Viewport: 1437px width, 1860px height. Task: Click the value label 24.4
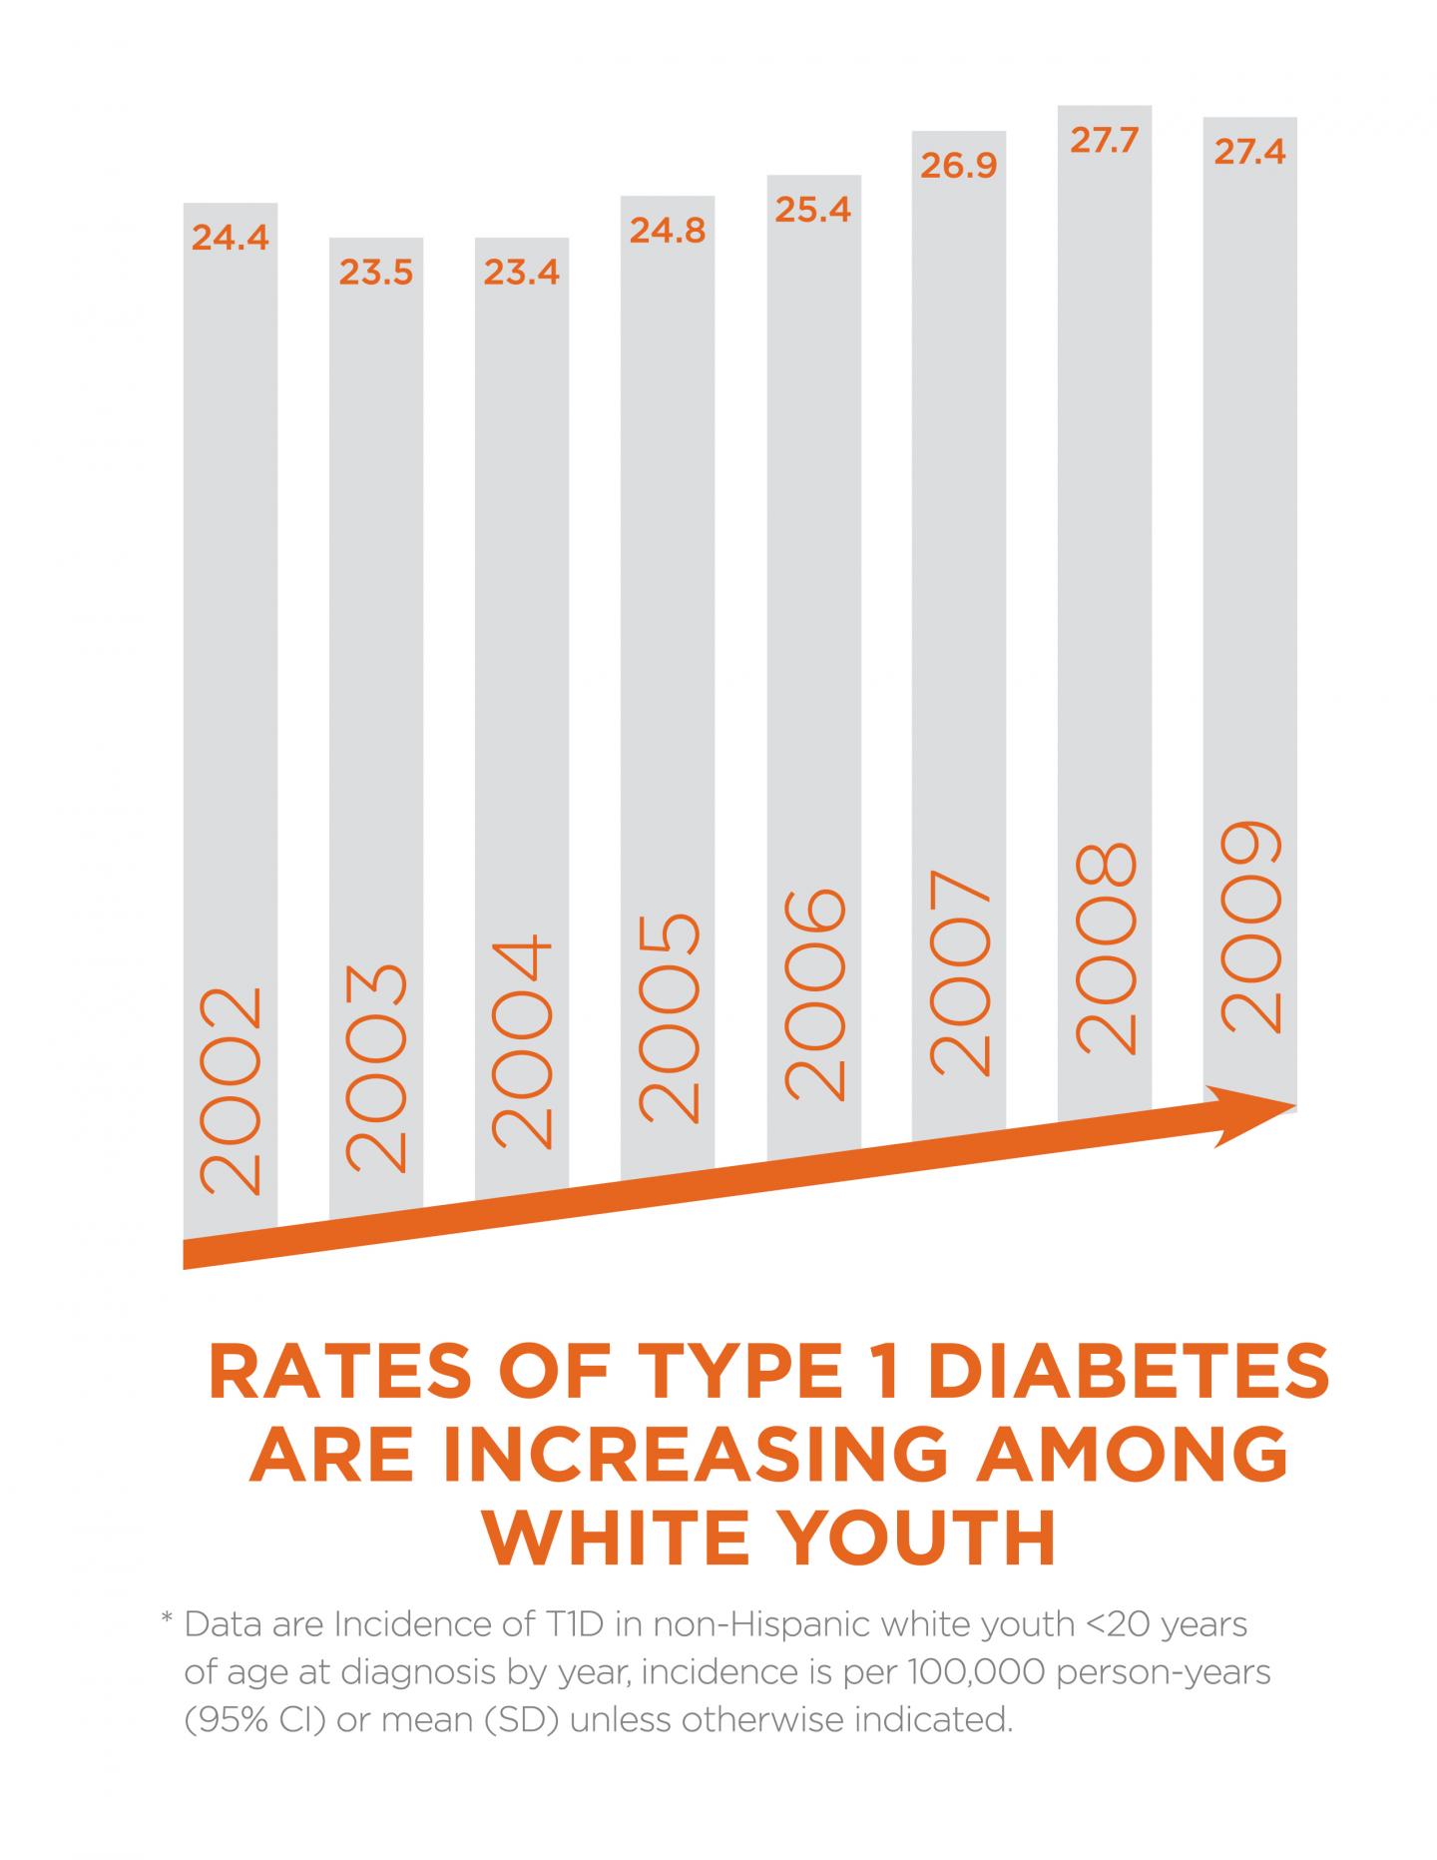point(231,239)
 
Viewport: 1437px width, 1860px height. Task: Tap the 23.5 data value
point(376,273)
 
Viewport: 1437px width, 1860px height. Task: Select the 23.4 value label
point(522,273)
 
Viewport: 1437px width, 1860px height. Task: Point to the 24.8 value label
point(668,231)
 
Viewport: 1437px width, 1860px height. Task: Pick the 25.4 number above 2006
point(813,210)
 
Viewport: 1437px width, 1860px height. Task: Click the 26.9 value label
point(959,166)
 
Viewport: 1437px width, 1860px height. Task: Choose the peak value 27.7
point(1105,141)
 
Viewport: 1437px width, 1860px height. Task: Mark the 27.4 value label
point(1250,153)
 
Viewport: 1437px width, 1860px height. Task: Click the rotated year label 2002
point(232,1090)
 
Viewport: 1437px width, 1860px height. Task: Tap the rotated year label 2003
point(377,1066)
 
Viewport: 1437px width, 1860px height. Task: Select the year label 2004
point(523,1040)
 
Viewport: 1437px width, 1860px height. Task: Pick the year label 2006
point(814,994)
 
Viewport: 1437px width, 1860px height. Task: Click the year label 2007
point(960,971)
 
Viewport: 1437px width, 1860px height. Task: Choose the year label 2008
point(1106,948)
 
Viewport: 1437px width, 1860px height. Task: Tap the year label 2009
point(1251,926)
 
